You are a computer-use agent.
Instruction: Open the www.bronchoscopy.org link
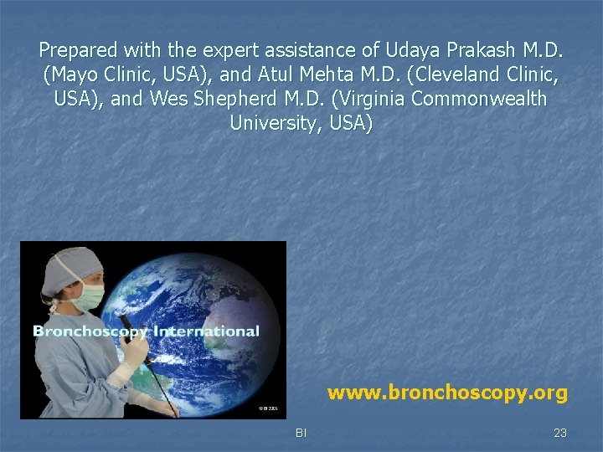tap(446, 393)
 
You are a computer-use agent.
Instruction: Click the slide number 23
tap(560, 433)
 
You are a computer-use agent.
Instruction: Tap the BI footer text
tap(301, 433)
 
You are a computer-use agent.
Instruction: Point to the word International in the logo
tap(206, 331)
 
